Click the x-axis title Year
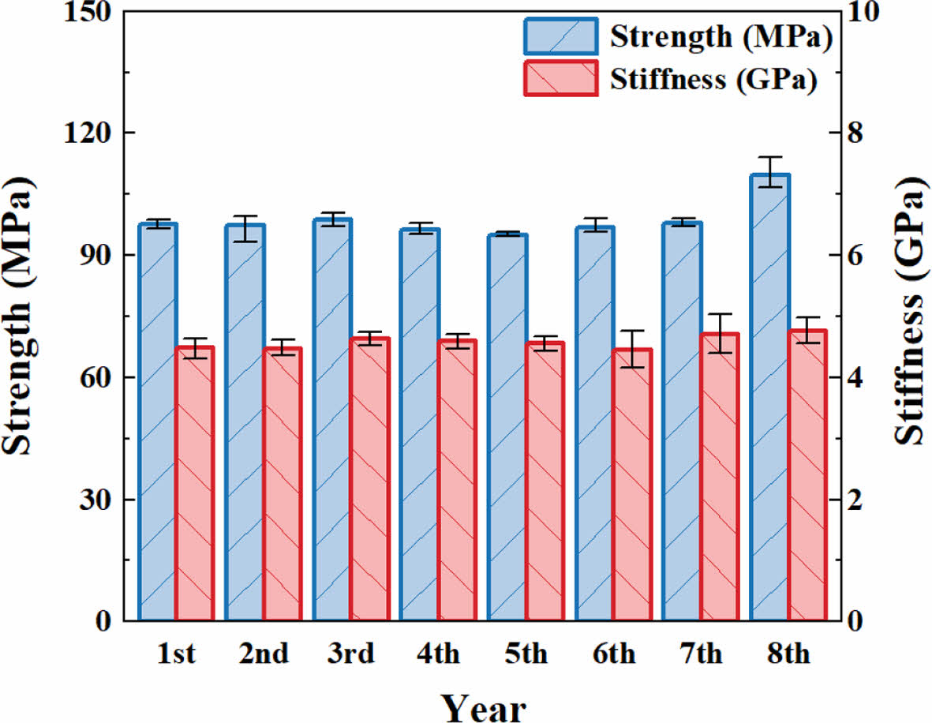pos(483,704)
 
